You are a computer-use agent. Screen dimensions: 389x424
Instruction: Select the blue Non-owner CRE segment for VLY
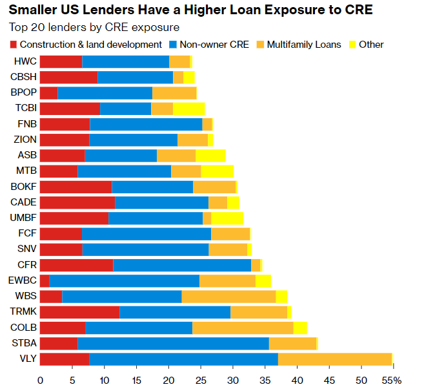tap(183, 359)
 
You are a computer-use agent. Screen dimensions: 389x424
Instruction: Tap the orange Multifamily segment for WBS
tap(228, 297)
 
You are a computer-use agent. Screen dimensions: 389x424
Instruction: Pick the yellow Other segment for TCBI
tap(188, 109)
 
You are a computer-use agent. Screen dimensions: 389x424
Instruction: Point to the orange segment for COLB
tap(243, 328)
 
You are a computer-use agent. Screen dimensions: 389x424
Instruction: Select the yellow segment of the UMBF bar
tap(227, 218)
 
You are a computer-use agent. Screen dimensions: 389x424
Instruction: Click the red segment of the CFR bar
tap(76, 265)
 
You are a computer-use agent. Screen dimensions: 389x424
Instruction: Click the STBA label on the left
tap(25, 343)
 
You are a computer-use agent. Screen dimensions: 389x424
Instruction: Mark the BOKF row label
tap(25, 187)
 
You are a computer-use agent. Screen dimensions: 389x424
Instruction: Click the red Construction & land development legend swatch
tap(14, 45)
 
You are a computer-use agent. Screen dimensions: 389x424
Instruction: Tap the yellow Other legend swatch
tap(352, 45)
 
